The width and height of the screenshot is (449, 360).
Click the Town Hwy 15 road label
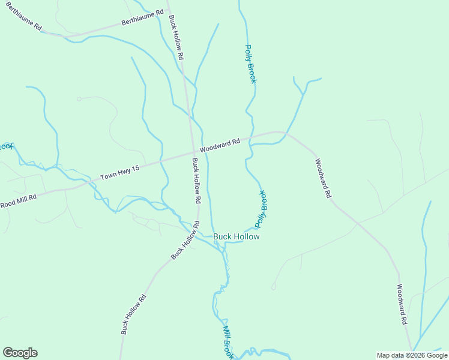click(119, 173)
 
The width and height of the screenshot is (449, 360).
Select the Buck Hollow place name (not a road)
click(237, 236)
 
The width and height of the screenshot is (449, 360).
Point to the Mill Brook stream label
click(228, 342)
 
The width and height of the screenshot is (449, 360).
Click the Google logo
click(20, 353)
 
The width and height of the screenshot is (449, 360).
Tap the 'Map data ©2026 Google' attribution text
click(412, 355)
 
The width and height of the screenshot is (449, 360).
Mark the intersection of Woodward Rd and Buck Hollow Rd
click(193, 152)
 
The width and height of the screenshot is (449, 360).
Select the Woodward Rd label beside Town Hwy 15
click(220, 145)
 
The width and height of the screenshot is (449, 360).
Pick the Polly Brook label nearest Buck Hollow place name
click(261, 209)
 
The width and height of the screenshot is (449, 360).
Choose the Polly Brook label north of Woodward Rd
click(250, 64)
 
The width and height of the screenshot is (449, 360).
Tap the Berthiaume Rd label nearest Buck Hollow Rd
click(142, 17)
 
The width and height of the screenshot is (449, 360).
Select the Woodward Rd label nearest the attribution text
click(402, 305)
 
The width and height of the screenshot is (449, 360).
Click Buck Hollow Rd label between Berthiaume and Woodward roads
click(175, 37)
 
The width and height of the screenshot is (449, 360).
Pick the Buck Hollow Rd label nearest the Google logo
click(133, 314)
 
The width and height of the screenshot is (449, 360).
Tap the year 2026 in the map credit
click(418, 355)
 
